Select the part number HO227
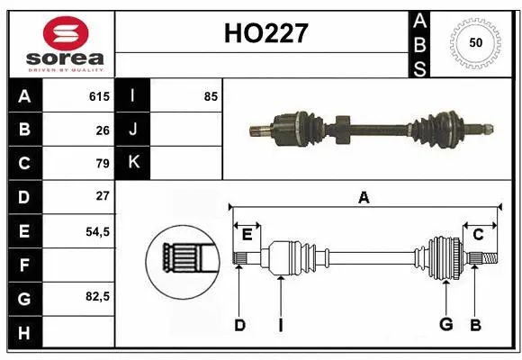click(x=265, y=34)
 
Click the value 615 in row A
click(x=98, y=96)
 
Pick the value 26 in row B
click(x=102, y=130)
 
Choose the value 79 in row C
click(x=102, y=163)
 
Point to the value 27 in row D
click(x=102, y=195)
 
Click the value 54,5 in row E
click(x=96, y=230)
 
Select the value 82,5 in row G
click(x=96, y=296)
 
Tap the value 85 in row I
click(x=211, y=96)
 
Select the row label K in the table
click(x=132, y=163)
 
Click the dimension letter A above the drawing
click(x=364, y=197)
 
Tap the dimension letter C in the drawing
click(x=478, y=235)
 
